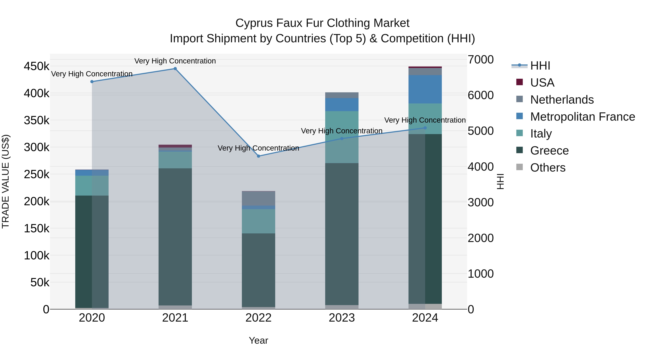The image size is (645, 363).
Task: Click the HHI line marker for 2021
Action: click(175, 69)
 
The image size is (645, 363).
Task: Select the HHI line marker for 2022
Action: click(259, 156)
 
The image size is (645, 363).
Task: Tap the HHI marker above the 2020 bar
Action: click(92, 82)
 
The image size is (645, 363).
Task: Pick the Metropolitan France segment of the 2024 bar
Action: click(425, 89)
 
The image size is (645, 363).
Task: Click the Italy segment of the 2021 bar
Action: click(175, 160)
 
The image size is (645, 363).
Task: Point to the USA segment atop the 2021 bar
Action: click(175, 146)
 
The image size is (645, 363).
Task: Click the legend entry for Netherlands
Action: click(562, 100)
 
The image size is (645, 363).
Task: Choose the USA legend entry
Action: click(542, 83)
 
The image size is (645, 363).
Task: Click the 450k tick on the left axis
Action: click(37, 67)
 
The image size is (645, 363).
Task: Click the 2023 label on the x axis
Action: click(342, 318)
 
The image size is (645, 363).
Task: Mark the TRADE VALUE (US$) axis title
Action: click(6, 181)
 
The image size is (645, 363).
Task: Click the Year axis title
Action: click(258, 340)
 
